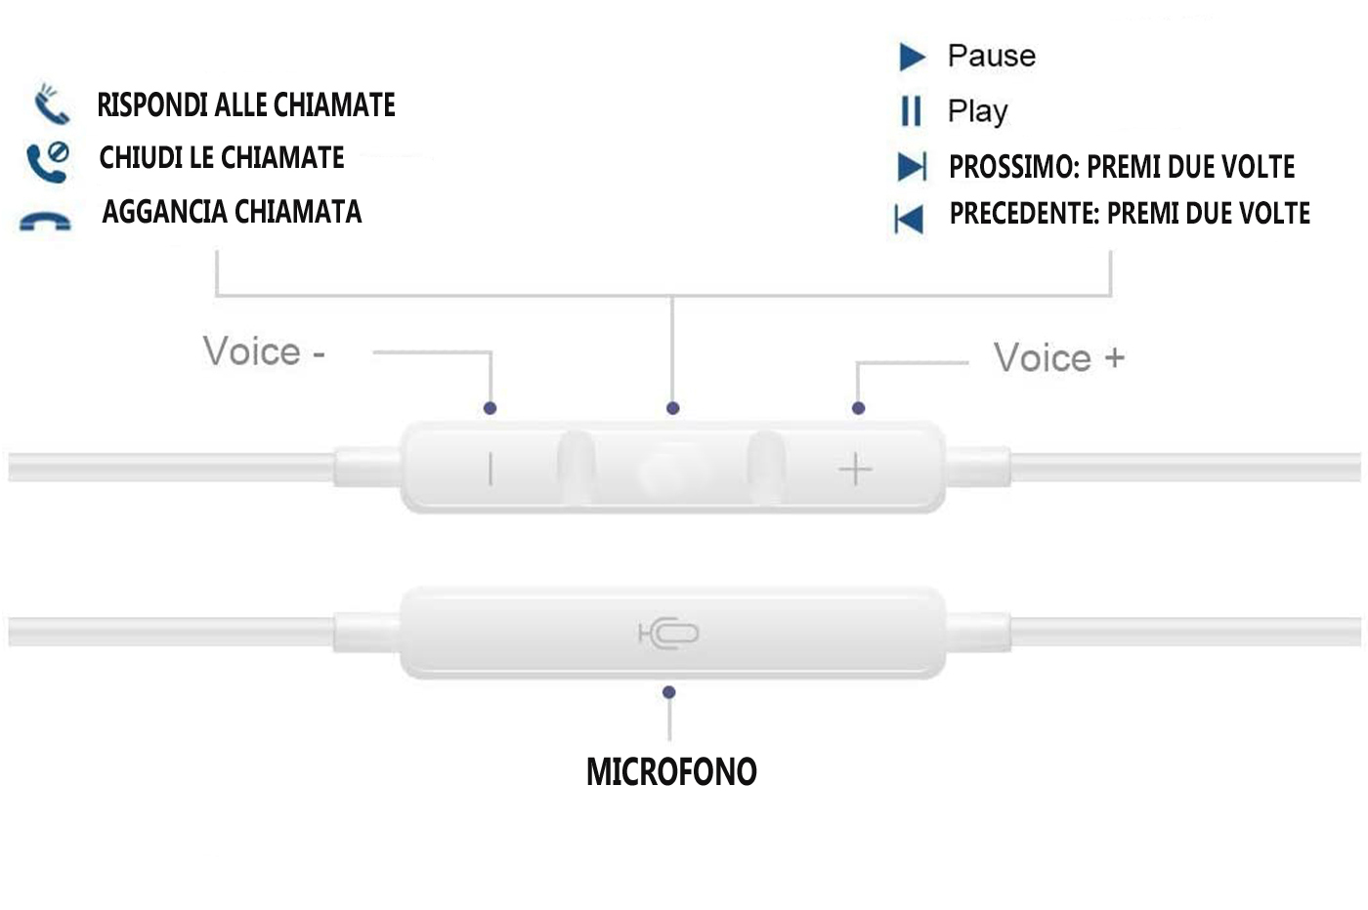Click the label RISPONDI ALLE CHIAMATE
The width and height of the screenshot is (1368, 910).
(246, 105)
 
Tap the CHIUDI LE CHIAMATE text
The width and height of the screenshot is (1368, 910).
(222, 158)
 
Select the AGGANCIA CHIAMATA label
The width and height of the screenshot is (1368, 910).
(232, 212)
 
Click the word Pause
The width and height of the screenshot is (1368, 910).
(991, 56)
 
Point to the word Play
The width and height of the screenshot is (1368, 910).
(977, 111)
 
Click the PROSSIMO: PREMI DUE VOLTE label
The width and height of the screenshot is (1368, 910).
(1122, 167)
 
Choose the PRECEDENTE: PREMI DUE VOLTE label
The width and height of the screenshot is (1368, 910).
(1130, 214)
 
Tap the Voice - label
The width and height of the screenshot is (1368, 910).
(264, 352)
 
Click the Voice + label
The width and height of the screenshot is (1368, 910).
(1059, 358)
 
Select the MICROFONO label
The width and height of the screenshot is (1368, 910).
(671, 772)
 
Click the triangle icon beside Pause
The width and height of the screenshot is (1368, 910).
(912, 57)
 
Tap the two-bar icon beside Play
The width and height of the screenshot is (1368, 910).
(911, 111)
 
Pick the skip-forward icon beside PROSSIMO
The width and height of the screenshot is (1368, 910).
(912, 167)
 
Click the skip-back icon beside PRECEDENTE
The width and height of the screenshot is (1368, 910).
(909, 219)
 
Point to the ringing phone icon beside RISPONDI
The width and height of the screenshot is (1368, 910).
(51, 104)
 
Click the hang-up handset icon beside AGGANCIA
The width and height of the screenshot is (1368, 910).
(45, 223)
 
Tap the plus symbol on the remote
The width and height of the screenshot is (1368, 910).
(855, 470)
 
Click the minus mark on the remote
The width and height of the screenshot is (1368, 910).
(491, 470)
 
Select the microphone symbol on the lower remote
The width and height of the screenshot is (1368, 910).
(669, 634)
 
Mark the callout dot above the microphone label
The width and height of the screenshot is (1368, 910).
(669, 692)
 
